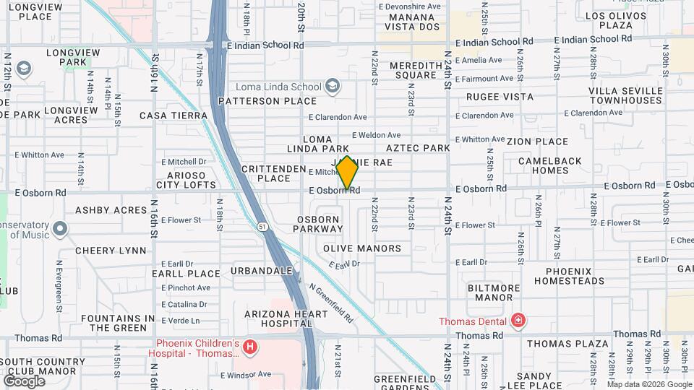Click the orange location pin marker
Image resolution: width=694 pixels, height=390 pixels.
tap(347, 172)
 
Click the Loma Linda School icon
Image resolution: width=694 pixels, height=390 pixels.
tap(332, 87)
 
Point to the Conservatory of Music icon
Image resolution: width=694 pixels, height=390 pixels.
tap(60, 230)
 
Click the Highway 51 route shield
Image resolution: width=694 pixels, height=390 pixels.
tap(262, 227)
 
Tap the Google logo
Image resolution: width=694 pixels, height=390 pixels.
tap(24, 381)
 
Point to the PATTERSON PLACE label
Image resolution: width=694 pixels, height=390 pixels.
tap(268, 101)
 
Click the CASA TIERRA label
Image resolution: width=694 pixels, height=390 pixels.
tap(173, 116)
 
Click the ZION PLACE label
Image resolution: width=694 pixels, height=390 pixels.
tap(537, 142)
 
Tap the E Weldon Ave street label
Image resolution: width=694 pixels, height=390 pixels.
tap(376, 135)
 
